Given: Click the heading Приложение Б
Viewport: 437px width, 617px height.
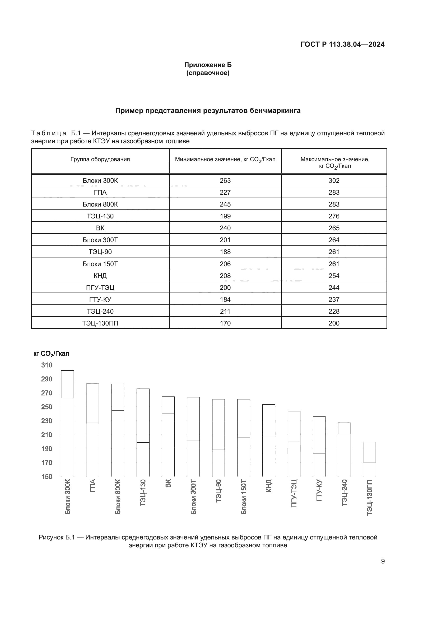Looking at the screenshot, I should pos(208,65).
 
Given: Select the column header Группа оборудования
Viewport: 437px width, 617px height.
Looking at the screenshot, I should pos(100,159).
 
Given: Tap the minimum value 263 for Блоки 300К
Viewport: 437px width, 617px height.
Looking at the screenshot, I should pos(225,181).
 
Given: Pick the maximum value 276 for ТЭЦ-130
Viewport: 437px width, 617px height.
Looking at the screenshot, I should pos(334,216).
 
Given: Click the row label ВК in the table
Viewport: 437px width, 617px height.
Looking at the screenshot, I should pos(100,228).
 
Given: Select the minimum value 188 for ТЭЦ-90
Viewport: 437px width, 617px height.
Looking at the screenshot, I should pos(225,252).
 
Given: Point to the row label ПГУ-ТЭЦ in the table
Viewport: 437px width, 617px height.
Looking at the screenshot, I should pos(100,288).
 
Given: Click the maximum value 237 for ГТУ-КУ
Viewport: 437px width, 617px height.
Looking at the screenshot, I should pos(334,300).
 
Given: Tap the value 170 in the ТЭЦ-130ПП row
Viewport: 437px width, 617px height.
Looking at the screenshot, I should pos(225,323).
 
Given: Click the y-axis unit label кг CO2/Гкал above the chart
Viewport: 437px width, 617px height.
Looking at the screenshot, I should pos(51,354).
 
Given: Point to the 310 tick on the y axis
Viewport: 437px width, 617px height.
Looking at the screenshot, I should pos(47,365).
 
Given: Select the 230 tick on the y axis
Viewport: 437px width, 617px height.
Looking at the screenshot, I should pos(47,421).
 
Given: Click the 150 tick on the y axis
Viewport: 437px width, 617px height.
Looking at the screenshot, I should pos(47,476).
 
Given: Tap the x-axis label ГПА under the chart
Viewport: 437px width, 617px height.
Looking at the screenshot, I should pos(92,486).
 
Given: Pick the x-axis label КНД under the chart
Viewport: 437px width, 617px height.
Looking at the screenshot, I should pos(269,486).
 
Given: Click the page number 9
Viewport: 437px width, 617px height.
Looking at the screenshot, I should pos(383,561).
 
